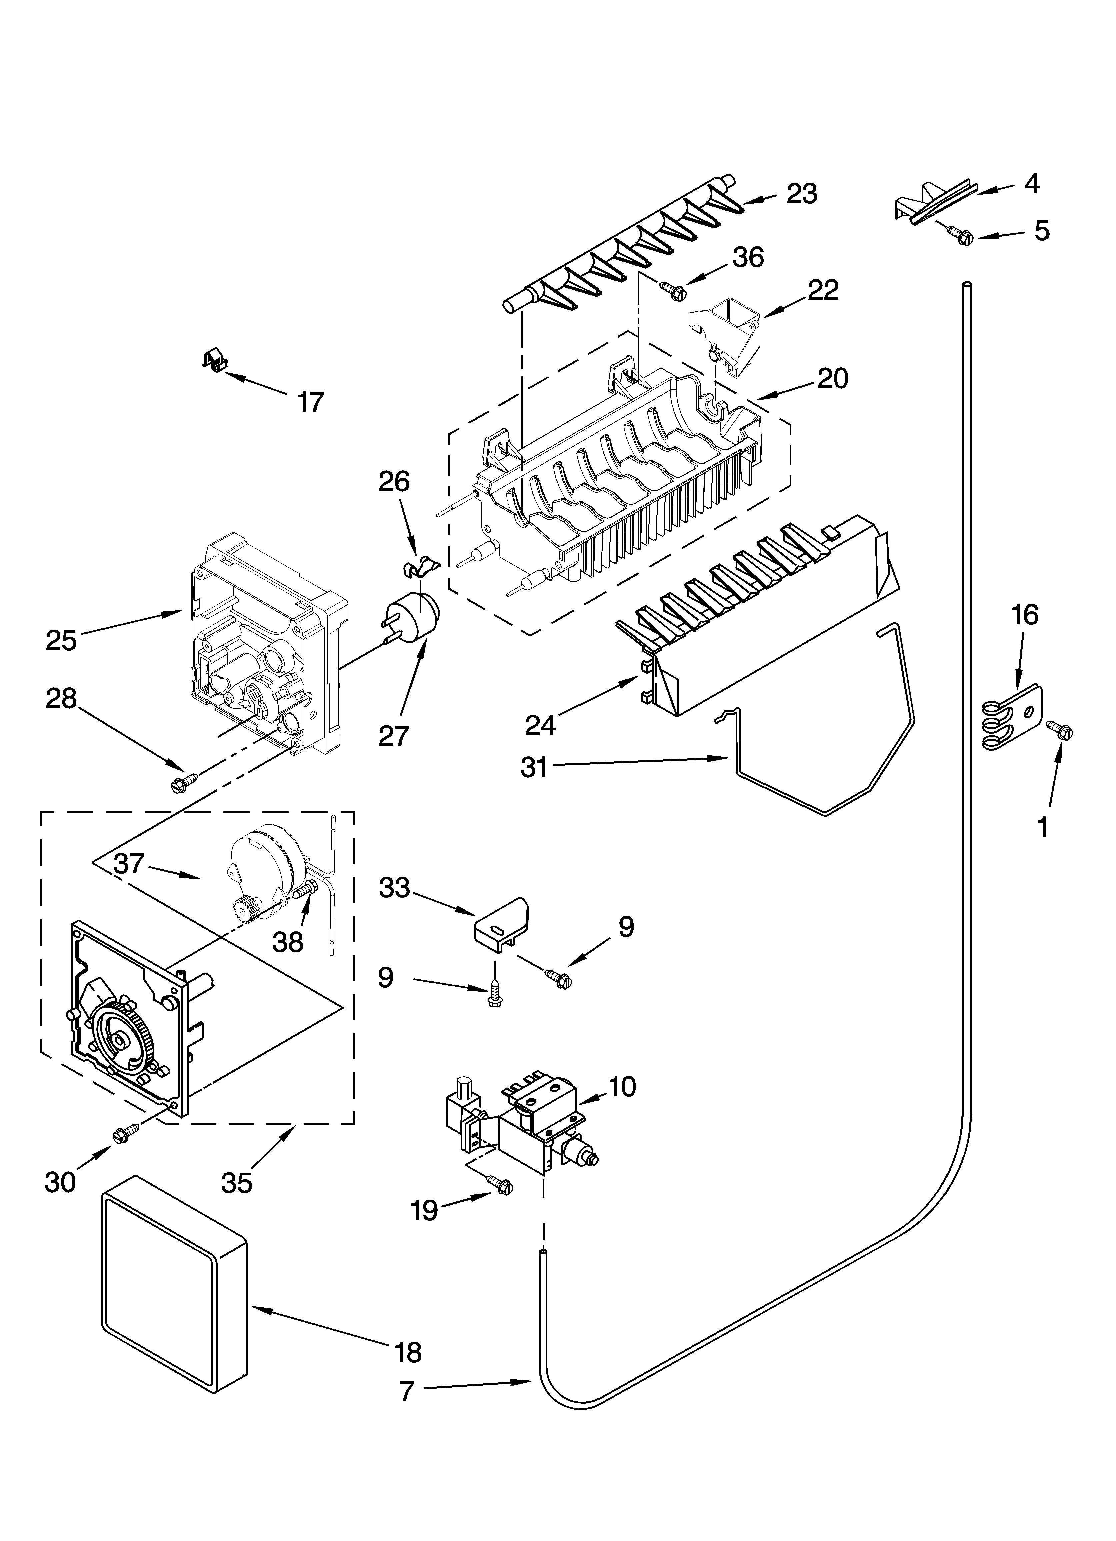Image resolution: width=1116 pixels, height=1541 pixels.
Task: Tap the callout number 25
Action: [61, 641]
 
